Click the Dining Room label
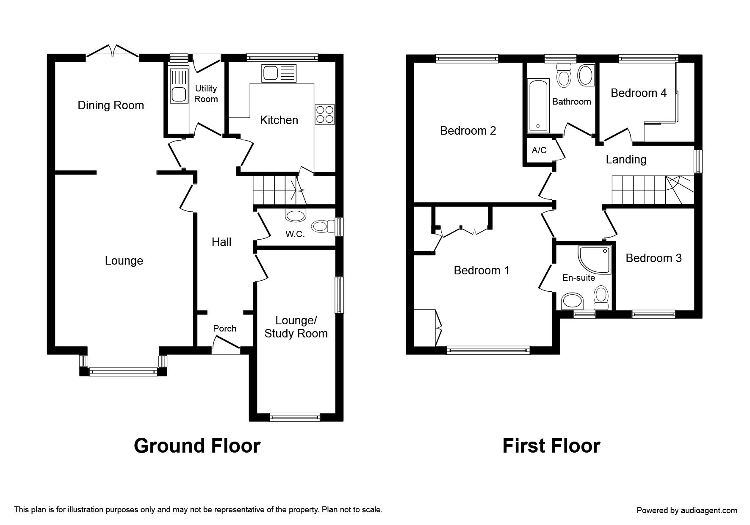click(111, 105)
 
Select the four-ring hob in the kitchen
click(325, 114)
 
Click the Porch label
click(225, 329)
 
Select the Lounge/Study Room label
click(296, 327)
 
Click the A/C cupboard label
click(539, 150)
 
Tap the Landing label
click(626, 160)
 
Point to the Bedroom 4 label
click(639, 93)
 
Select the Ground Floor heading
click(197, 446)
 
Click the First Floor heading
click(551, 446)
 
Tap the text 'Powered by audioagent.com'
click(687, 511)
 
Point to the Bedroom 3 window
click(653, 314)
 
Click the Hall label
click(221, 242)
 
